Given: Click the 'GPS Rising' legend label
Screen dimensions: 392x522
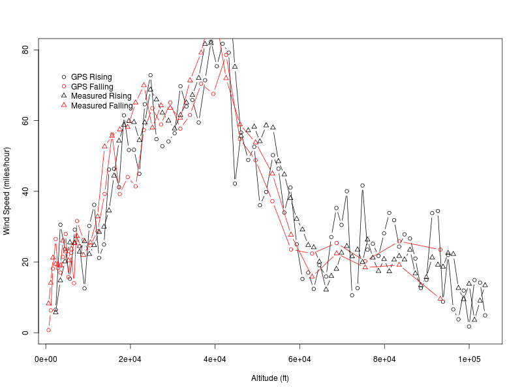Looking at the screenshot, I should click(91, 77).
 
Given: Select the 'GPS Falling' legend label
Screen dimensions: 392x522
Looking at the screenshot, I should click(92, 87).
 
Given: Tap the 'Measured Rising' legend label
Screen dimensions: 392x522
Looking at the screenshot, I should click(101, 96).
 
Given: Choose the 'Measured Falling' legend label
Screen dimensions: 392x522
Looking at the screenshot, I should click(102, 105).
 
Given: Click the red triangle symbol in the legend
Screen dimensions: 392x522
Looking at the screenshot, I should click(64, 105).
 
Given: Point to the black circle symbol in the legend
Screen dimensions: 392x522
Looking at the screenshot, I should click(64, 77).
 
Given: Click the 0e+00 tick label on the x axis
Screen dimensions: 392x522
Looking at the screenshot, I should click(46, 360).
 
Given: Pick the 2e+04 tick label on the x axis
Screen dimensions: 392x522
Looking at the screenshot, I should click(130, 360).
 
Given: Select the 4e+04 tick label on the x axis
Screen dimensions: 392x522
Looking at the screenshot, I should click(215, 360).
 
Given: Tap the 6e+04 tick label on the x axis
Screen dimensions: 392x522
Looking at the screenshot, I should click(299, 360).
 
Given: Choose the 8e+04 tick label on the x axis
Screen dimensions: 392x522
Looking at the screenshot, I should click(384, 360).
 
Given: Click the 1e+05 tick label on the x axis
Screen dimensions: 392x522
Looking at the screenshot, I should click(468, 360).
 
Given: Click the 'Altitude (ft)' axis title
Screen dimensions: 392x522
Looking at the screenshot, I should click(270, 378).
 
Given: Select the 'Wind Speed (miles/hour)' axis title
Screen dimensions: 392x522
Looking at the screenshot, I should click(7, 191).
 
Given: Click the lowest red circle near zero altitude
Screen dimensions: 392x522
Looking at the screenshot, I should click(48, 330).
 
